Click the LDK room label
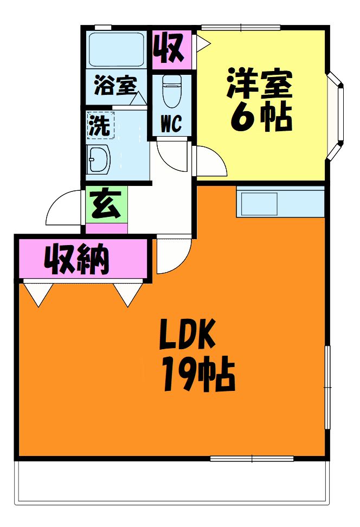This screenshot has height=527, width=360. coord(188,336)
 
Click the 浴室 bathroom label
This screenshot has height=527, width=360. coord(114,86)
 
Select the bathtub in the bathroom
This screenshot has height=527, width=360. coord(115,49)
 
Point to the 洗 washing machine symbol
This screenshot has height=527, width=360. coord(99,126)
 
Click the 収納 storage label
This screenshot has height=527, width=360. coord(77,260)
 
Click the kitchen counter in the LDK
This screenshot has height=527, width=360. coord(281,202)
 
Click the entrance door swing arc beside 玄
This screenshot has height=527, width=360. coord(64,209)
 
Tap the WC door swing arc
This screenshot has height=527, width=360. coord(172,155)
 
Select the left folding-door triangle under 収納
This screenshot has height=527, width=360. coord(38,293)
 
